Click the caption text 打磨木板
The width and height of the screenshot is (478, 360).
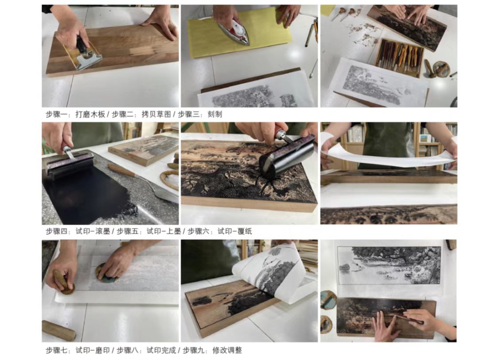click(x=90, y=115)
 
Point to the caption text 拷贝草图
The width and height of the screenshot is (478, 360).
click(x=156, y=115)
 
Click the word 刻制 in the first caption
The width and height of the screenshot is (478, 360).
click(x=215, y=115)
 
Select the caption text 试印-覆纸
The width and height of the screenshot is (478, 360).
click(x=235, y=231)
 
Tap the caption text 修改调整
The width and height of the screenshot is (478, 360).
click(x=227, y=351)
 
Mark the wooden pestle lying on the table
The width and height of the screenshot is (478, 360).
click(x=59, y=330)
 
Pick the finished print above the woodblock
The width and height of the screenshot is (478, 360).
click(x=389, y=265)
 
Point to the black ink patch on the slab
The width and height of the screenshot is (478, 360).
click(x=85, y=195)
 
